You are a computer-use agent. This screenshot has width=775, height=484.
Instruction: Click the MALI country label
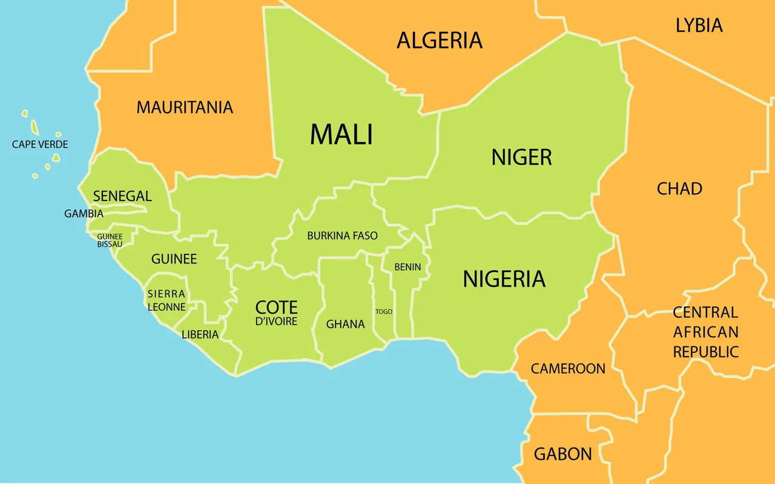341,134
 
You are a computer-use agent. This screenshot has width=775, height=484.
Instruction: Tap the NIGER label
521,157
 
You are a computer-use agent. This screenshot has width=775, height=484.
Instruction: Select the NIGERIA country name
504,279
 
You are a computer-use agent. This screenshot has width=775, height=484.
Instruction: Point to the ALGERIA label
440,41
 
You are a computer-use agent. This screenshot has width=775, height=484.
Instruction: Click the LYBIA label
699,25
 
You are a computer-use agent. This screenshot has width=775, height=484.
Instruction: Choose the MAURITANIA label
185,107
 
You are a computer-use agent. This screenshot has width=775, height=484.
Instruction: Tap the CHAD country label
679,189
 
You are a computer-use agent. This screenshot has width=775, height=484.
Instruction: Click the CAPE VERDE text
40,145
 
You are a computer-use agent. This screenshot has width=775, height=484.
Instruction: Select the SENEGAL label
122,196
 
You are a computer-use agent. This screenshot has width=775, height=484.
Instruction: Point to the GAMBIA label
84,214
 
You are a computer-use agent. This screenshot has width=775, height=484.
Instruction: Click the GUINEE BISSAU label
110,240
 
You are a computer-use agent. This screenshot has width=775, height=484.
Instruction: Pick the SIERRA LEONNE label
167,300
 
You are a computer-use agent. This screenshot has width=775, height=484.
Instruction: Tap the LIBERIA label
200,334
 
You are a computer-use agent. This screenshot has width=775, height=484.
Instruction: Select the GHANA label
345,324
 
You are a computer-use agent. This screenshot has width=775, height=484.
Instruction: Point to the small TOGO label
384,311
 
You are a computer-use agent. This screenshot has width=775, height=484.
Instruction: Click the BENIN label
407,267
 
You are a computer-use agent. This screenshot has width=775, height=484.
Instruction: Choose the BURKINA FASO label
342,236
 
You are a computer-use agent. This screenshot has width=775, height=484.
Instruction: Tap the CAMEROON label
568,368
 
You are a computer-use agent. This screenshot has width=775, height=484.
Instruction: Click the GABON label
562,454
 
